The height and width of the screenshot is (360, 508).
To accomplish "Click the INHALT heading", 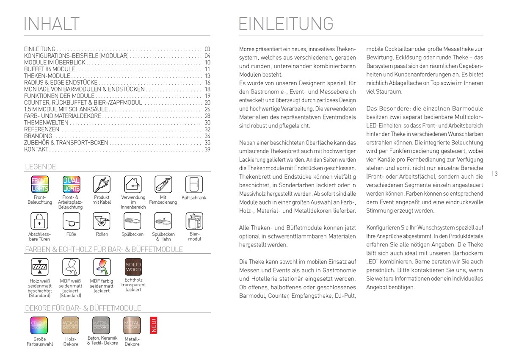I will tap(52, 24).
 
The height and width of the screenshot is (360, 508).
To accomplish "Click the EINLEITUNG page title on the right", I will tap(286, 24).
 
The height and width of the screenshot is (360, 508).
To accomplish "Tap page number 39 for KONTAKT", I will tap(207, 150).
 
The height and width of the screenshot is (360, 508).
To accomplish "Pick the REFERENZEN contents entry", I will tap(42, 129).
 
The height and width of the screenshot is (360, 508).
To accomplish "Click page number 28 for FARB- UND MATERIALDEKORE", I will tap(207, 116).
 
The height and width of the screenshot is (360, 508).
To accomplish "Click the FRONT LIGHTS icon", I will tap(40, 184).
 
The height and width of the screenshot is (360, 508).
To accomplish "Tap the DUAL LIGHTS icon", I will tap(71, 184).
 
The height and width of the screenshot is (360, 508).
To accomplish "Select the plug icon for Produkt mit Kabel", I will tap(102, 184).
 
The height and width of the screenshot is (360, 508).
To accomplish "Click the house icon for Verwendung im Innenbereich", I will tap(133, 184).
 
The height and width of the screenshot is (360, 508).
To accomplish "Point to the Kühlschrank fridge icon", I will tap(194, 184).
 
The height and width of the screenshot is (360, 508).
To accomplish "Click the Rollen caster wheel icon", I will tap(102, 221).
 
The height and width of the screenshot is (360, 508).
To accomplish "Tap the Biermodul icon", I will tap(194, 221).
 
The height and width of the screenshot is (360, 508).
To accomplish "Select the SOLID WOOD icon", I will tap(133, 267).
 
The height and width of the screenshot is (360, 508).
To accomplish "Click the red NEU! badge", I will tap(153, 324).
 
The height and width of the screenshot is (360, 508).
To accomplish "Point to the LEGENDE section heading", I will tap(41, 167).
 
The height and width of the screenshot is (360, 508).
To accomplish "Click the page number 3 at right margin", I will tap(495, 173).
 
